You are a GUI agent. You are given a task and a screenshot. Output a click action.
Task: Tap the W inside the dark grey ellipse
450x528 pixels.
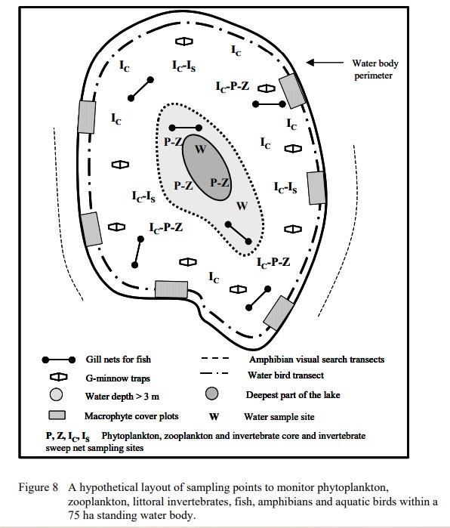(x=200, y=148)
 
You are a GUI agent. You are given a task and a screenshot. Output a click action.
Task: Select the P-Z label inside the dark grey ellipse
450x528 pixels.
(x=220, y=182)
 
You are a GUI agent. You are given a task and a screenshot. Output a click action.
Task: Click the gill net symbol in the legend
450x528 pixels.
(x=57, y=360)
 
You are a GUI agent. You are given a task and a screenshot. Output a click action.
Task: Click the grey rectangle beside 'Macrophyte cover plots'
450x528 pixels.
(x=57, y=415)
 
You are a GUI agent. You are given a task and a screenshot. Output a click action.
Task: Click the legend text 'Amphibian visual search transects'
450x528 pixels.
(x=316, y=360)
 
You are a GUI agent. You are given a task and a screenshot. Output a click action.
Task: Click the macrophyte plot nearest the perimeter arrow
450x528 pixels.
(x=291, y=91)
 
